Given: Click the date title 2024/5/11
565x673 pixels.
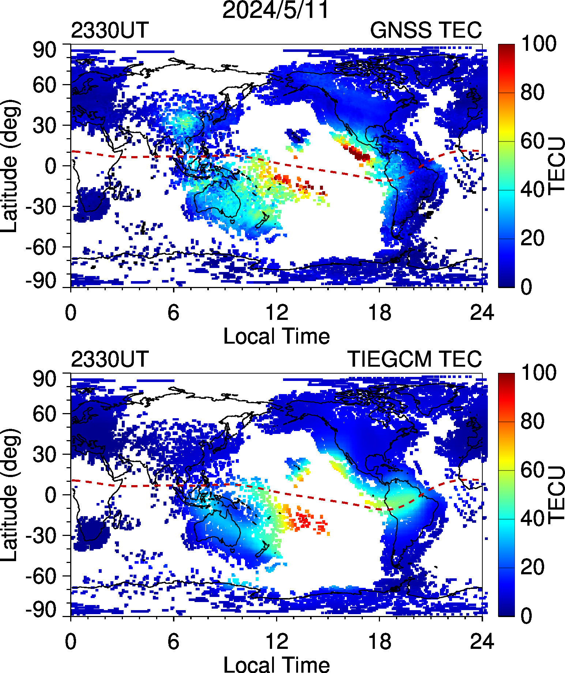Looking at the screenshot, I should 276,10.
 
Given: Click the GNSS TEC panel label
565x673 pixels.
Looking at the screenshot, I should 426,30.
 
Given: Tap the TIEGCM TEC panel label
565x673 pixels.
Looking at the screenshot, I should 414,359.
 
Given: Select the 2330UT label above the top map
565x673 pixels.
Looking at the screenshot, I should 110,30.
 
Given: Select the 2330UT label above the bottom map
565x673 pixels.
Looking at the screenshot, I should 110,359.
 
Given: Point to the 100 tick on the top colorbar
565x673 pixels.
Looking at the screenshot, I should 539,44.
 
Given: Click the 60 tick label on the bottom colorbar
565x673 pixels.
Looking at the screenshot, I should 532,470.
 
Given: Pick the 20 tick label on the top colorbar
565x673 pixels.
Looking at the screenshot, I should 532,238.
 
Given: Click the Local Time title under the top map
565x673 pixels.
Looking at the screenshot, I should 276,336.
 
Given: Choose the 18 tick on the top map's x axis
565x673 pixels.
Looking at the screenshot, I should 380,313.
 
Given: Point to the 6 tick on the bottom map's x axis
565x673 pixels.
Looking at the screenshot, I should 173,642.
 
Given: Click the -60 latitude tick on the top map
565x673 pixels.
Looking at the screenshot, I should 41,247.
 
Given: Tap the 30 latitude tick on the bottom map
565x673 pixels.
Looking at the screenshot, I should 45,454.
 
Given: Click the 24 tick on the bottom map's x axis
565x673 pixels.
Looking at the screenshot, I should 482,642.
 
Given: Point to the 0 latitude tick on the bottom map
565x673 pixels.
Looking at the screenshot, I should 51,495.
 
